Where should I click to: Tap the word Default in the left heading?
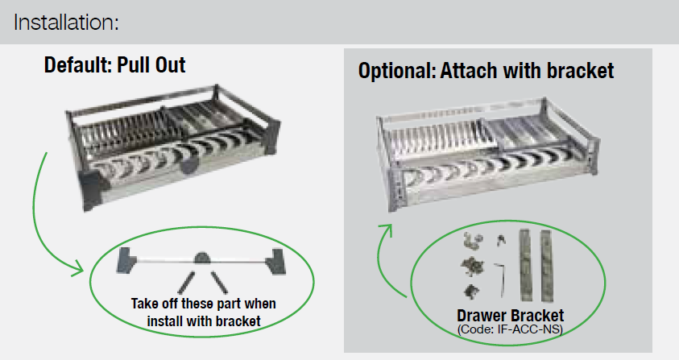click(78, 65)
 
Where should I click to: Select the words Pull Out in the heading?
click(151, 65)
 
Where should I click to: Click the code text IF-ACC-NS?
click(529, 329)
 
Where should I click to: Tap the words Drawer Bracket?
click(511, 316)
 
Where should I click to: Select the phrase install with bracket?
click(204, 321)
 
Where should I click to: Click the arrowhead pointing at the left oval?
click(79, 268)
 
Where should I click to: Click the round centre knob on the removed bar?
click(202, 259)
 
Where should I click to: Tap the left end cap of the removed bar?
click(126, 260)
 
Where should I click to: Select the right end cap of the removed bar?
click(275, 261)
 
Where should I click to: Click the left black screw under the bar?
click(186, 283)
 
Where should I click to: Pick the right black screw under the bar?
click(220, 283)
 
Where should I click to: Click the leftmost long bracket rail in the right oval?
click(526, 265)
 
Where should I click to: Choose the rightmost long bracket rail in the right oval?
click(547, 266)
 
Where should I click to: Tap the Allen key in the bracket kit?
click(499, 279)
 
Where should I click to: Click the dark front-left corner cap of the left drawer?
click(92, 190)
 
